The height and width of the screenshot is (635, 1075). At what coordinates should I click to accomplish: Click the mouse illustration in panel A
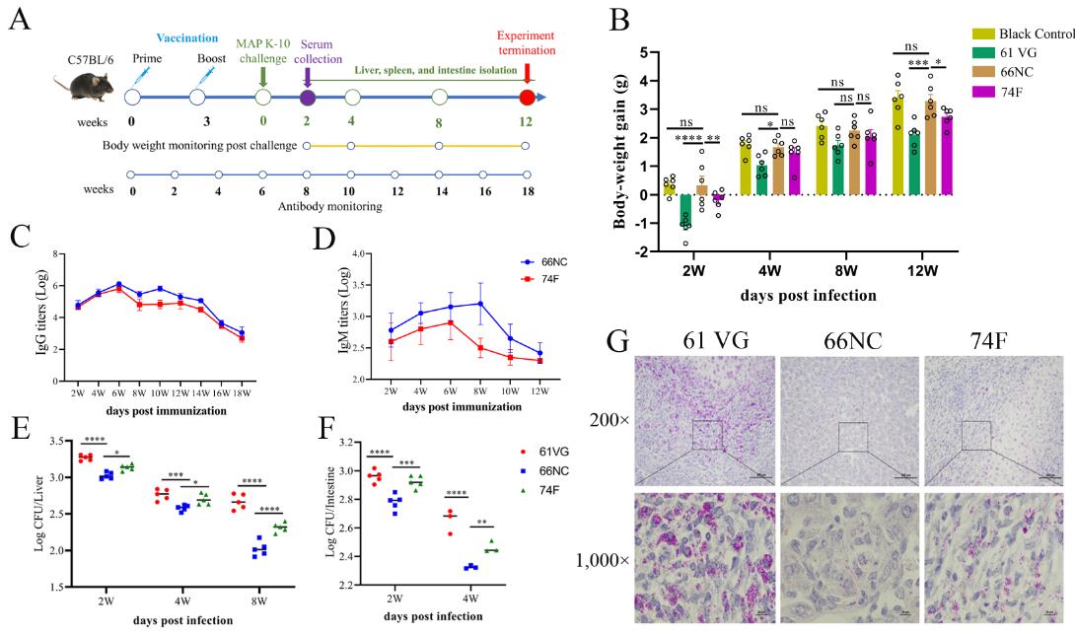(84, 85)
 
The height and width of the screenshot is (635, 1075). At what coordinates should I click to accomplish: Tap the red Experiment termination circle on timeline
(527, 98)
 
